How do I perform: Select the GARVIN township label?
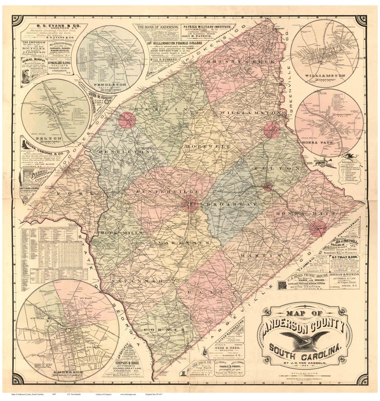(150, 109)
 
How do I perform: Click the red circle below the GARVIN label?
(127, 120)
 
